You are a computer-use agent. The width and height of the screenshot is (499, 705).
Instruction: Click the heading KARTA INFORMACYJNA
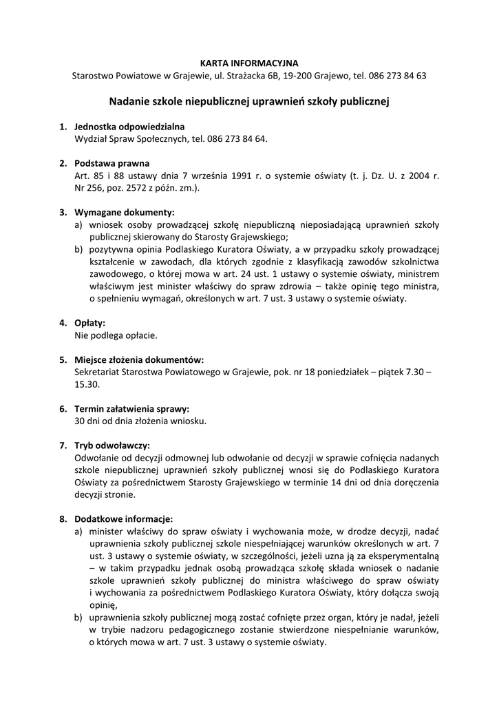249,63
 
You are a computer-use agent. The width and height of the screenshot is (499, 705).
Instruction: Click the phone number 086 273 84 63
402,75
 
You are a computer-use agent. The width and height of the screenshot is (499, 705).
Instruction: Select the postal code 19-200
283,75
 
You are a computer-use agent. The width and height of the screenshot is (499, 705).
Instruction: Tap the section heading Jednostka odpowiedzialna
129,127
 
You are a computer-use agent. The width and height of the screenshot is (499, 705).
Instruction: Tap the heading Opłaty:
89,323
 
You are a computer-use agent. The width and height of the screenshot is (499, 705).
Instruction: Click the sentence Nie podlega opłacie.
116,335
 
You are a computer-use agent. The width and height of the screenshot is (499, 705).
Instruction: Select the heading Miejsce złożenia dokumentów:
139,359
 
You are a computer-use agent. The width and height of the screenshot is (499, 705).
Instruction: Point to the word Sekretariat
97,372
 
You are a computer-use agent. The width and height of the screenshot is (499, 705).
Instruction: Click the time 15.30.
86,383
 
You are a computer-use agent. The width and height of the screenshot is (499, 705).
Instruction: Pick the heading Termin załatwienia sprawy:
131,408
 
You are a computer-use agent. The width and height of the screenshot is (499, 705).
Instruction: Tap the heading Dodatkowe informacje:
123,518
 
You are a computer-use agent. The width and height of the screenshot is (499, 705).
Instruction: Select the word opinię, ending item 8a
103,604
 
